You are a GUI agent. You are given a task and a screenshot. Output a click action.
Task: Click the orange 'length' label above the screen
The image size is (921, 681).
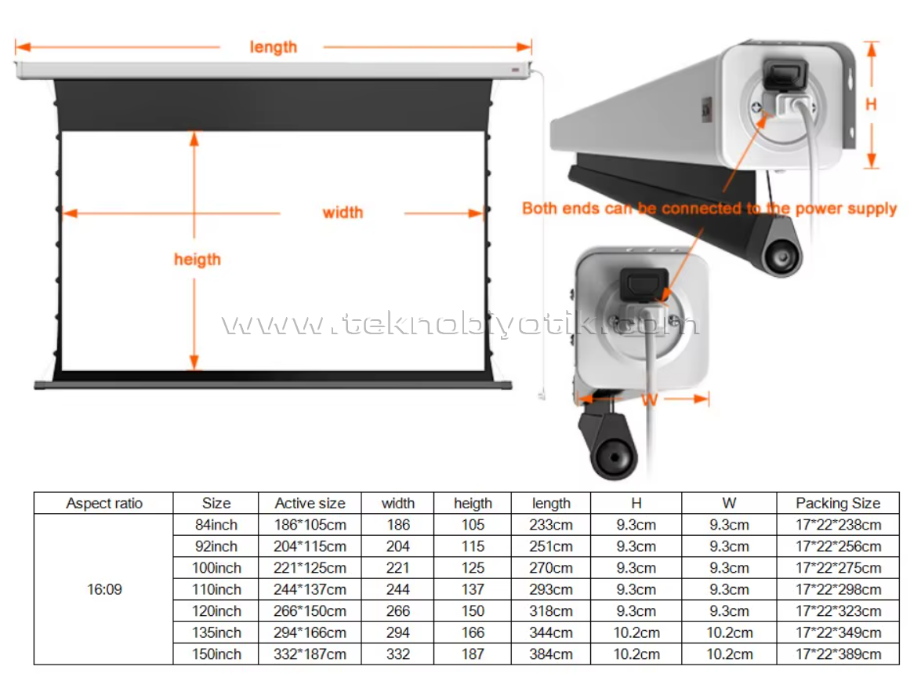click(273, 47)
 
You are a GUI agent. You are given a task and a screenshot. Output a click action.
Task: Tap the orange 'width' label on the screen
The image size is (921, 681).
click(343, 213)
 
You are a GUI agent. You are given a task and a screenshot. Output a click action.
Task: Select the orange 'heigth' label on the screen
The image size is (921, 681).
click(198, 260)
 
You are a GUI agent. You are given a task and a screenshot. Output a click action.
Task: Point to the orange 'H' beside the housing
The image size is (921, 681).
click(871, 104)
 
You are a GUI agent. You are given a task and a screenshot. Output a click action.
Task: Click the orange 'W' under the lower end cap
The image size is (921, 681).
click(649, 400)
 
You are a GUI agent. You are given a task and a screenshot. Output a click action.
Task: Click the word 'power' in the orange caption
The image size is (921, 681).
click(817, 209)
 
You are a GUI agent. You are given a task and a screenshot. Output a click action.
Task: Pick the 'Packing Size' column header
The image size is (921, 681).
click(838, 504)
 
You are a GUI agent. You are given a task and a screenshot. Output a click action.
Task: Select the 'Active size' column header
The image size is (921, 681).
click(310, 504)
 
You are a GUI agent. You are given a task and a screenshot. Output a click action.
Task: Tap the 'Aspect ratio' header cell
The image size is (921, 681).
click(104, 504)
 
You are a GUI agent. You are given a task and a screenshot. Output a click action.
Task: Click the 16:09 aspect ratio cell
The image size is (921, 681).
click(104, 589)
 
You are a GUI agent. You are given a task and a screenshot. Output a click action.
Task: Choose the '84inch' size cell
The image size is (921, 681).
click(216, 525)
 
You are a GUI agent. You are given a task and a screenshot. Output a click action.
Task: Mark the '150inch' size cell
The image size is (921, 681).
click(216, 654)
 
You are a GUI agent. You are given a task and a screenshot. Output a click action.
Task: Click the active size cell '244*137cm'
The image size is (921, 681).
click(310, 589)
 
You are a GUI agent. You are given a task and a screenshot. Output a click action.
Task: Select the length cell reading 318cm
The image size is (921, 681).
click(550, 611)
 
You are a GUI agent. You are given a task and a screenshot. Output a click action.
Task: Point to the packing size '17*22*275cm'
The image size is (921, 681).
click(838, 568)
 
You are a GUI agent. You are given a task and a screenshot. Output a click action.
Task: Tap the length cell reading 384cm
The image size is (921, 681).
click(550, 654)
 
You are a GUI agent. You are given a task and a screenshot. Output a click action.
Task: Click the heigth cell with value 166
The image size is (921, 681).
click(473, 633)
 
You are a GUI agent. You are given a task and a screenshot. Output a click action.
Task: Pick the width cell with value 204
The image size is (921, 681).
click(397, 546)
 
